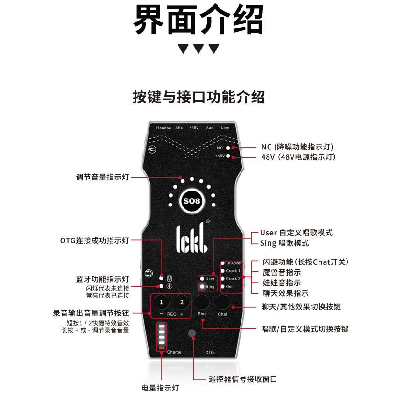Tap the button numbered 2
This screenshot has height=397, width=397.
tap(182, 302)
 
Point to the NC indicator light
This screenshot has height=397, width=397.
tap(228, 148)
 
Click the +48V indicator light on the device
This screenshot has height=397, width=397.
tap(228, 156)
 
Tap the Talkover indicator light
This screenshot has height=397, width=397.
tap(223, 263)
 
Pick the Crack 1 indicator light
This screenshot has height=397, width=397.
tap(223, 271)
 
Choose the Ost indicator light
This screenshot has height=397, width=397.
tap(223, 286)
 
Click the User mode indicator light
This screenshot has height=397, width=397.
tap(202, 278)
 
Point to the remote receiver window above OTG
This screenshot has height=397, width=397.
tap(191, 333)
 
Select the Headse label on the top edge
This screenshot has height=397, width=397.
tap(163, 128)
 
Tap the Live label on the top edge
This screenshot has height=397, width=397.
tap(225, 128)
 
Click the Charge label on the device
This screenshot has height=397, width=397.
tap(174, 352)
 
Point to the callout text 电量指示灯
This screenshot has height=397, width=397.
tap(160, 388)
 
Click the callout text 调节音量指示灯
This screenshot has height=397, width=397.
tap(102, 177)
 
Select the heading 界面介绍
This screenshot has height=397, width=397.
tap(198, 20)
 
